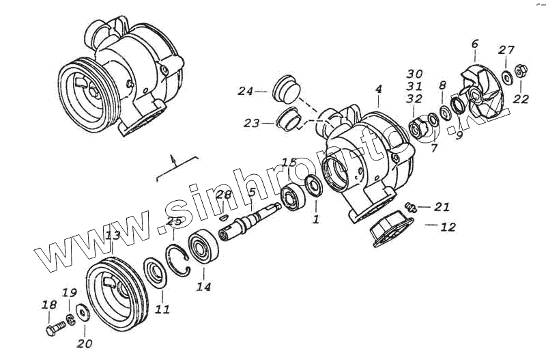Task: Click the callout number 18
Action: pyautogui.click(x=48, y=305)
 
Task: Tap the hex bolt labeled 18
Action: pyautogui.click(x=54, y=330)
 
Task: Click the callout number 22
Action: pyautogui.click(x=521, y=100)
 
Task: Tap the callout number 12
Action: pyautogui.click(x=447, y=227)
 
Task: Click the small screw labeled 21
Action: pyautogui.click(x=409, y=206)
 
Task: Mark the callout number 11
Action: pyautogui.click(x=162, y=309)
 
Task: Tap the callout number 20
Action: pyautogui.click(x=85, y=343)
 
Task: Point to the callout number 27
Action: pyautogui.click(x=506, y=50)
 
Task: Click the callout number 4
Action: pyautogui.click(x=378, y=89)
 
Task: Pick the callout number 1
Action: pyautogui.click(x=315, y=220)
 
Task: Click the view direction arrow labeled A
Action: pyautogui.click(x=173, y=160)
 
